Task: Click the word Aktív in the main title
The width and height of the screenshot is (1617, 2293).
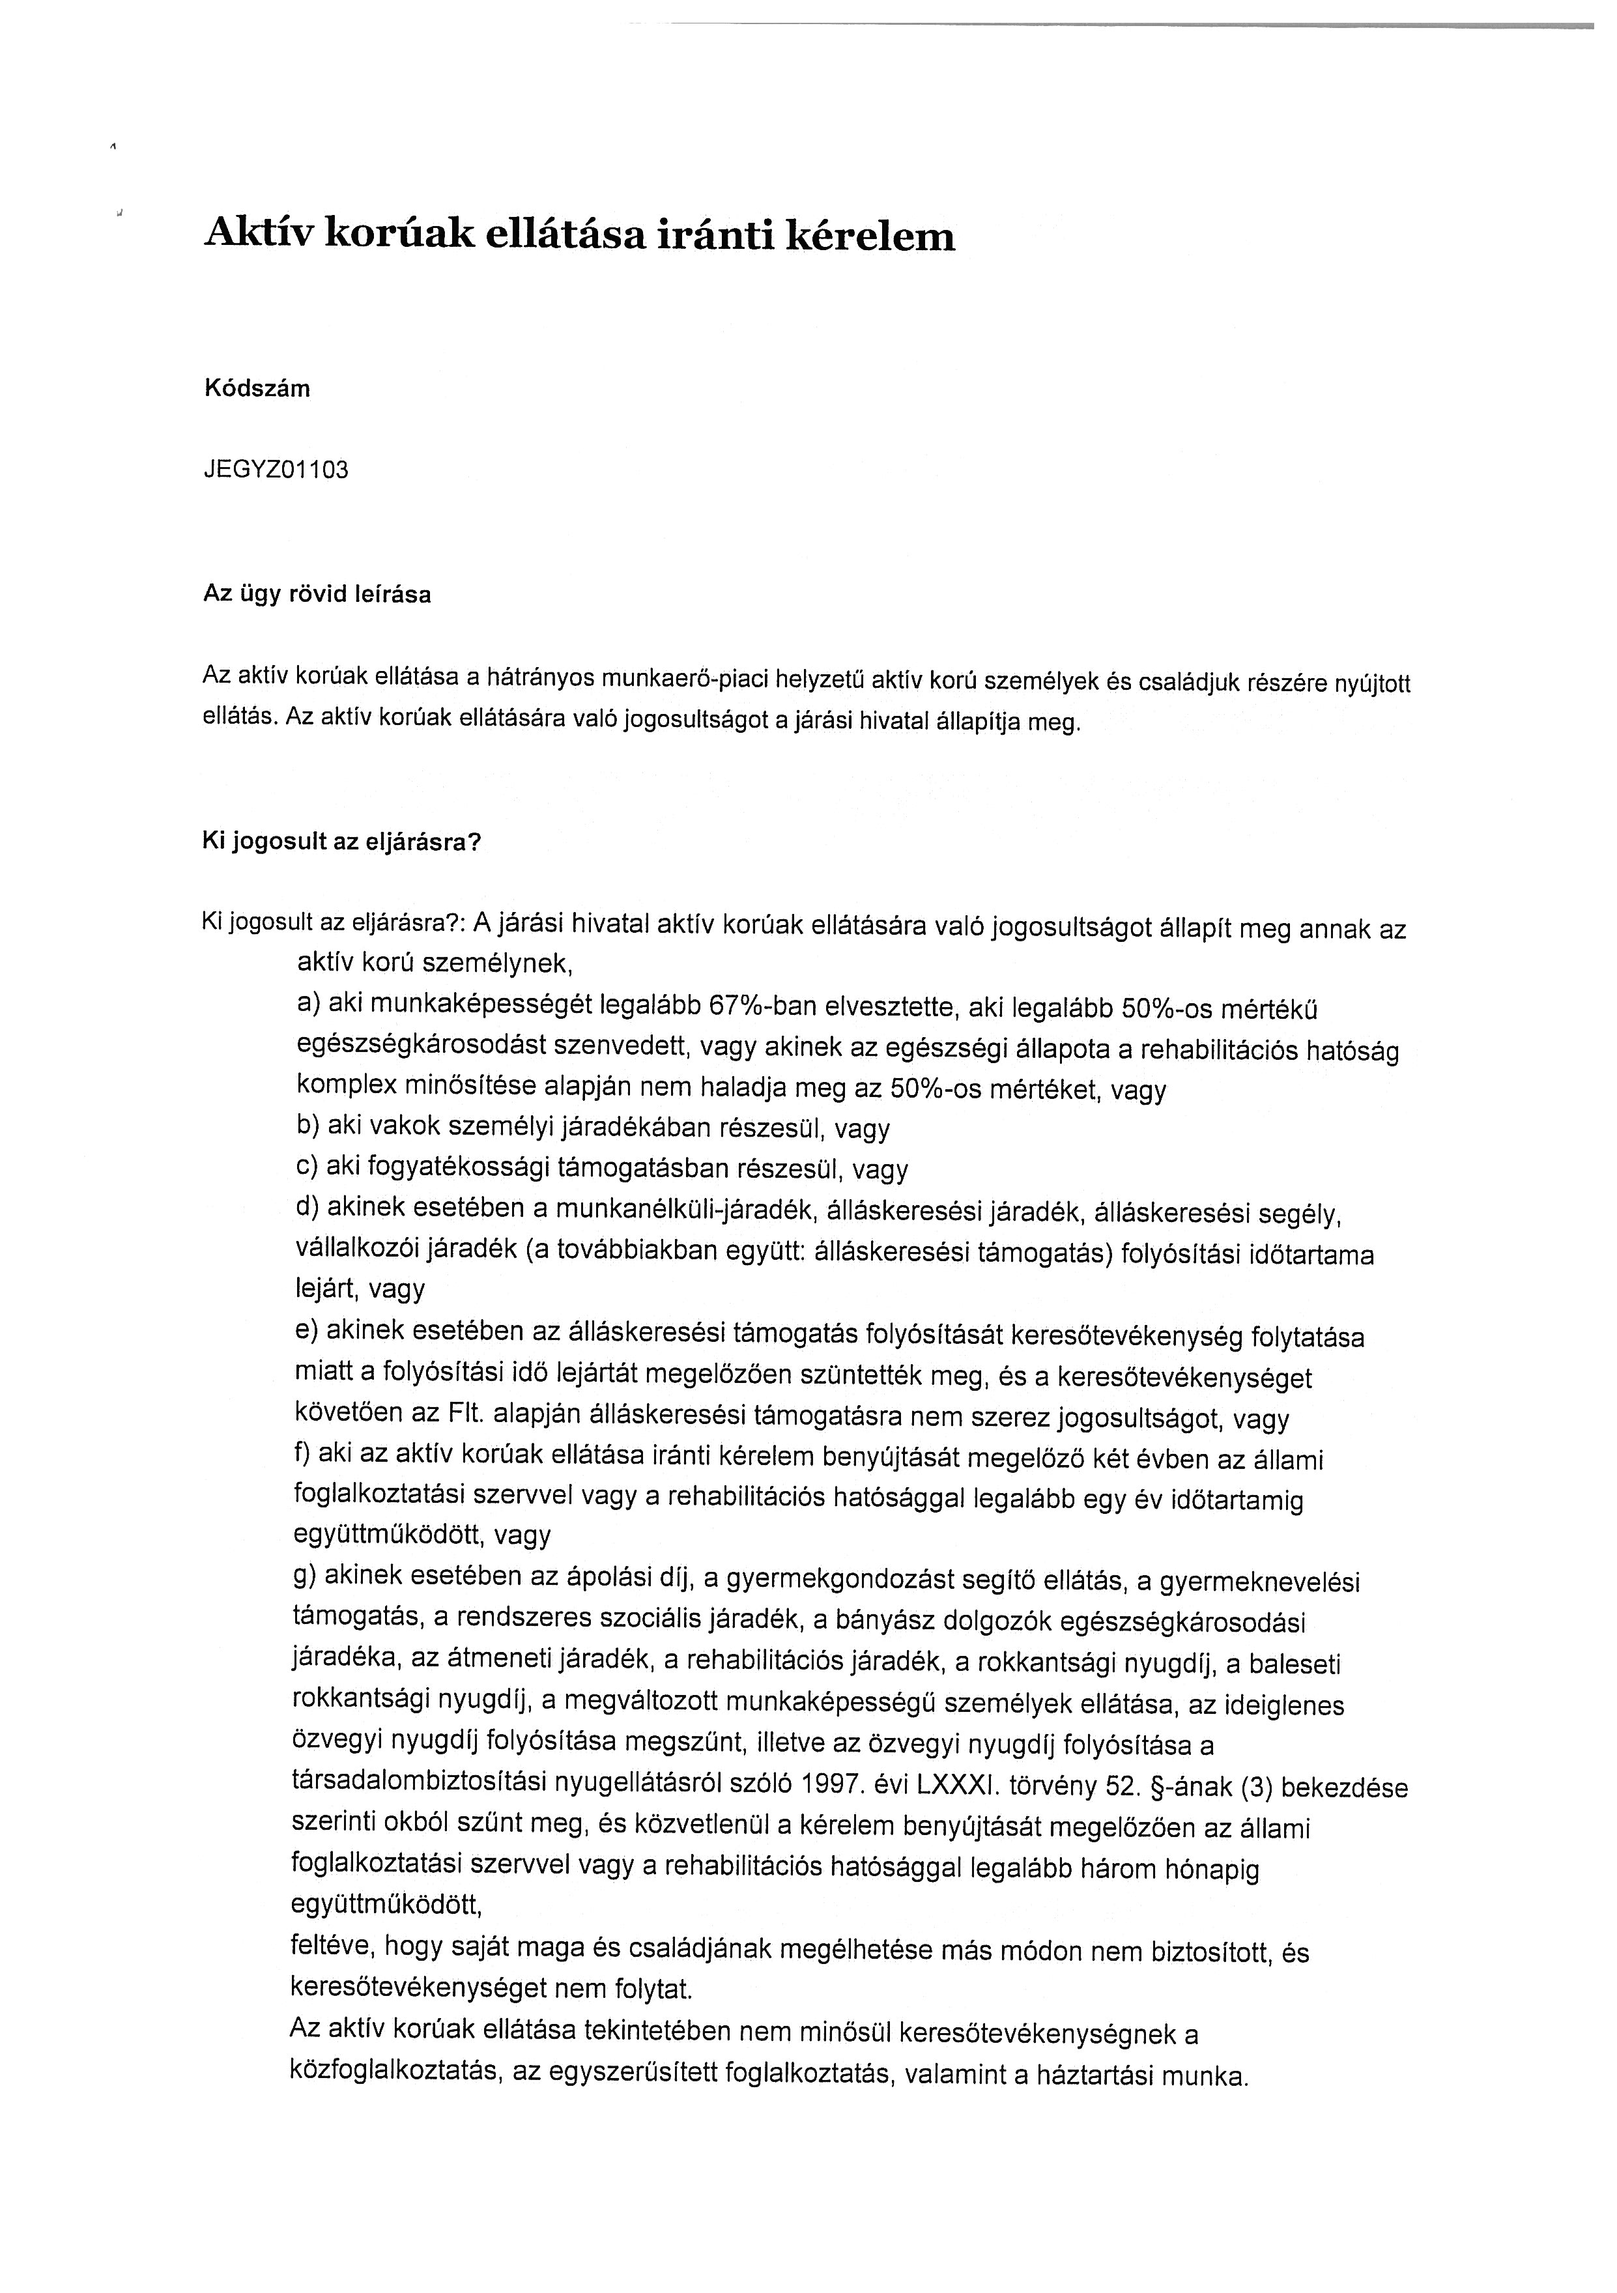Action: pos(257,234)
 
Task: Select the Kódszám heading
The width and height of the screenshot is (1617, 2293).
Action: pos(257,390)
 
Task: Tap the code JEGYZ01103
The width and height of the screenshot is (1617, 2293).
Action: pos(276,470)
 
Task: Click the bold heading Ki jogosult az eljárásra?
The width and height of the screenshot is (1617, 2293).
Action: pos(341,842)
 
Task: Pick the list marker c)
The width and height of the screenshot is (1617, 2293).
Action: pos(307,1167)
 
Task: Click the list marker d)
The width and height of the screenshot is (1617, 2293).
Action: pos(307,1208)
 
